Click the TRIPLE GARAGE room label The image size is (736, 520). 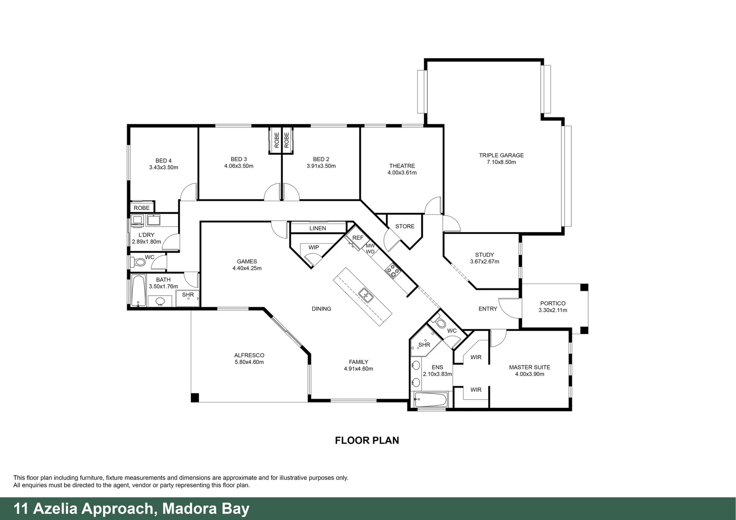(x=501, y=156)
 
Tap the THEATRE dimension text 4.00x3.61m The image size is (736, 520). (x=402, y=173)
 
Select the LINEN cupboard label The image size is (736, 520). (x=317, y=228)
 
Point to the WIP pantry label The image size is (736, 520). (x=314, y=247)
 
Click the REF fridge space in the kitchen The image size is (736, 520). (x=357, y=238)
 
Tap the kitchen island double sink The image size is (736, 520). (x=366, y=295)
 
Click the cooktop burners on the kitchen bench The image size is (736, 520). (x=393, y=271)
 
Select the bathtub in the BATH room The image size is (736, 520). (x=138, y=290)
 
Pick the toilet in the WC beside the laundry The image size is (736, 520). (x=138, y=262)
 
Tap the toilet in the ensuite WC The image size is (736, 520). (x=439, y=322)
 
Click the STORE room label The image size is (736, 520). (x=405, y=226)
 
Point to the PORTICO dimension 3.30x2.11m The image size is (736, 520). (x=552, y=311)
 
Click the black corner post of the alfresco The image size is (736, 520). (x=195, y=398)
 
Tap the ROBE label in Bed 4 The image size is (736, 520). (x=142, y=208)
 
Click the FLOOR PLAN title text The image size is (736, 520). (x=367, y=440)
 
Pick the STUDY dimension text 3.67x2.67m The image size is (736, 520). (x=484, y=262)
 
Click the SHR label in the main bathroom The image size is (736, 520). (x=187, y=295)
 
